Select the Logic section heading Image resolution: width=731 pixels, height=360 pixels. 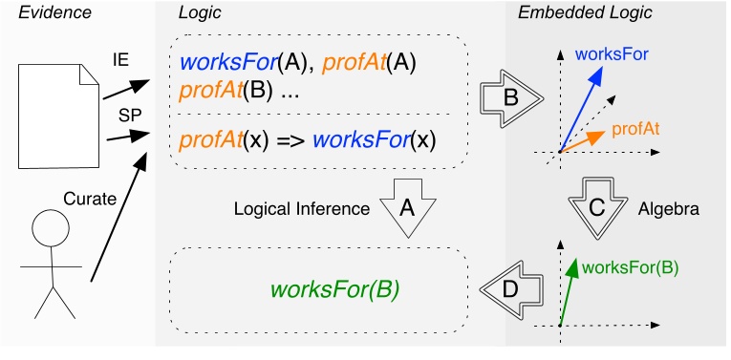(x=198, y=13)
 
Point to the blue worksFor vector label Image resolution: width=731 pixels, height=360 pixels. (x=612, y=53)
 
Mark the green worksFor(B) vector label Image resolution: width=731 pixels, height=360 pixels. (x=629, y=267)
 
